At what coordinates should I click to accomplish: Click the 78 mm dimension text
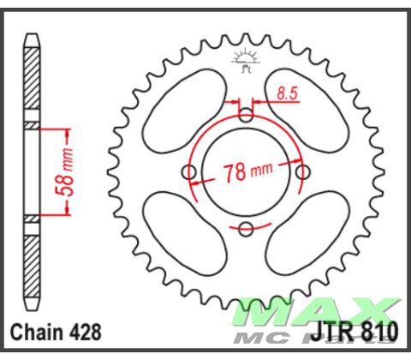coord(247,171)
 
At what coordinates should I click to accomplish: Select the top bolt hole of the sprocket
coord(247,117)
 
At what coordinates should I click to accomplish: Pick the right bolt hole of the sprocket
coord(302,172)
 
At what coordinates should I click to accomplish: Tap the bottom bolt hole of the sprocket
coord(247,228)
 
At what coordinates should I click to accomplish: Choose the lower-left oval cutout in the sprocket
coord(182,235)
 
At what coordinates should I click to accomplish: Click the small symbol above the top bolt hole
coord(247,61)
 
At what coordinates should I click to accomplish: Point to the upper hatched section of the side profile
coord(32,82)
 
